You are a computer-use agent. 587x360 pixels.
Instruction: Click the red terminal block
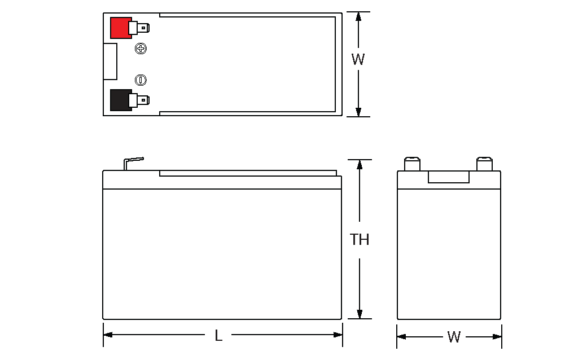(x=120, y=28)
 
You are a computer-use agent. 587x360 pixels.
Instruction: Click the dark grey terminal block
(x=120, y=100)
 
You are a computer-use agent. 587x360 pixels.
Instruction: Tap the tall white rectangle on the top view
(x=110, y=62)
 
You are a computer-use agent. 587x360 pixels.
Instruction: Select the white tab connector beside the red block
(x=139, y=28)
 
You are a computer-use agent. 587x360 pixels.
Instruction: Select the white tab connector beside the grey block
(x=139, y=100)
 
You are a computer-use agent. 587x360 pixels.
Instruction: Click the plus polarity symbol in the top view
(x=141, y=49)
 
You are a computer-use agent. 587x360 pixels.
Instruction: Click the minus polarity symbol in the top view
(x=141, y=80)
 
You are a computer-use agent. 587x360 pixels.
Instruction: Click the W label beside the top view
(x=358, y=59)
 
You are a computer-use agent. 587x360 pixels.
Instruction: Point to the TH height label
(x=360, y=239)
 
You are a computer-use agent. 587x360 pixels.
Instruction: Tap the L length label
(x=218, y=336)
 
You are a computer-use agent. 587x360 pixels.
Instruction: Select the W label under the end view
(x=454, y=337)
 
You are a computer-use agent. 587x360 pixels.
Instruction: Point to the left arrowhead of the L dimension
(x=108, y=335)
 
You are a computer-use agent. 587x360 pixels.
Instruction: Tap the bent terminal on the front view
(x=134, y=164)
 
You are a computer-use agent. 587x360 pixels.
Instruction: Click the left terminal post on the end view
(x=412, y=164)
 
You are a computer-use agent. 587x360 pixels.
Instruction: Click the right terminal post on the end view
(x=484, y=164)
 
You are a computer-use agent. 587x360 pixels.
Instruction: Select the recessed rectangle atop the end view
(x=449, y=177)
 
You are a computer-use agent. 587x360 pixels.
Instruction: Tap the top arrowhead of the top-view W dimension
(x=358, y=17)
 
